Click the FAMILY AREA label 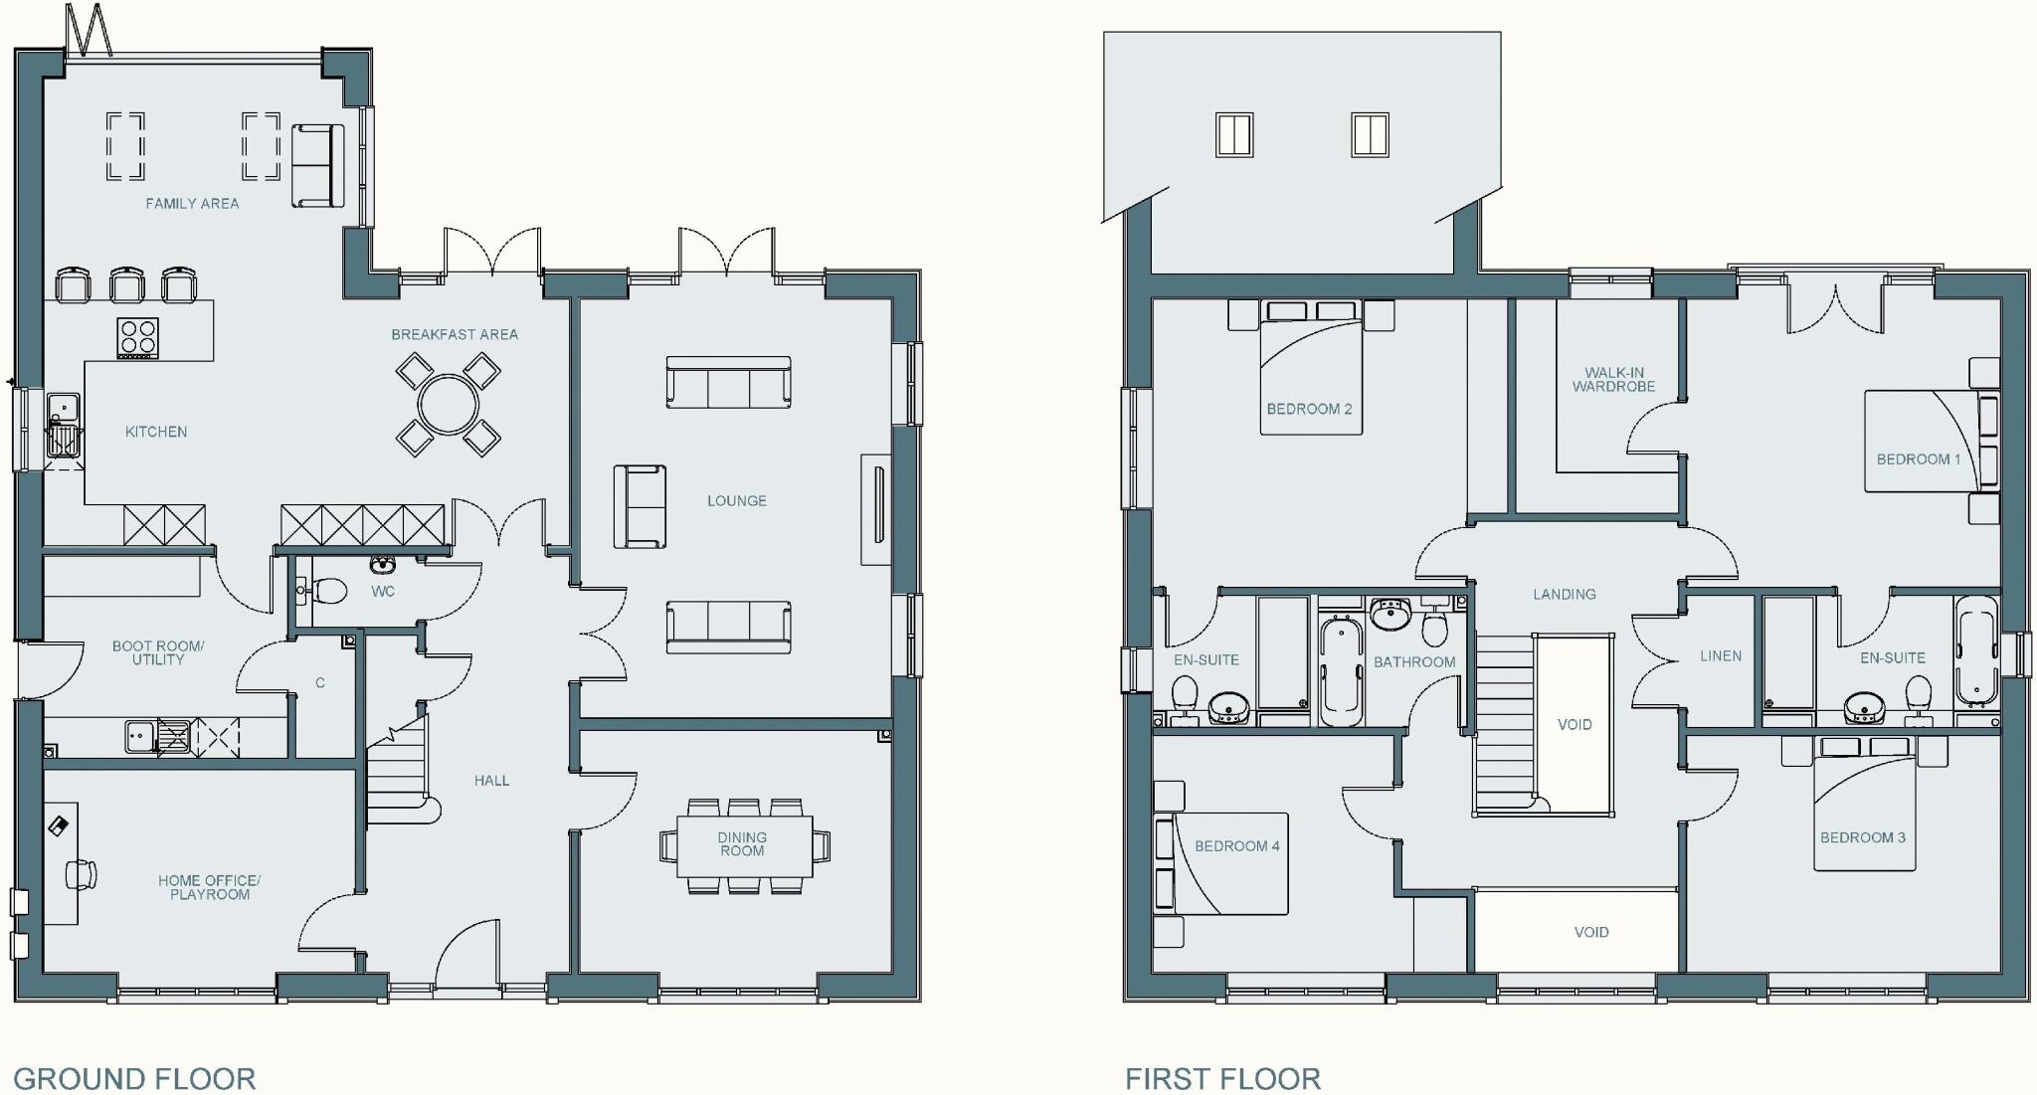[192, 204]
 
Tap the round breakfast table [449, 405]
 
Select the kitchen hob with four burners [137, 337]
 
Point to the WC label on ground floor [383, 592]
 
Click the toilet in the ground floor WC [327, 592]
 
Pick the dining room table [744, 846]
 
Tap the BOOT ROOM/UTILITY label [158, 653]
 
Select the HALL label [491, 781]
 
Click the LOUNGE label [737, 501]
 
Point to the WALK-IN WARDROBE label [1613, 380]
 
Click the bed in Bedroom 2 [1309, 378]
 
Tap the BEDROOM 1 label [1918, 459]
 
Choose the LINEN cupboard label [1721, 656]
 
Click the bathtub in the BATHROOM [1343, 671]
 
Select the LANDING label [1564, 595]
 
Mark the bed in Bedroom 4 [1231, 863]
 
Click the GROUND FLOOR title [134, 1078]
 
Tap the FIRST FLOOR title [1222, 1078]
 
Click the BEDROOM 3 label [1863, 837]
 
